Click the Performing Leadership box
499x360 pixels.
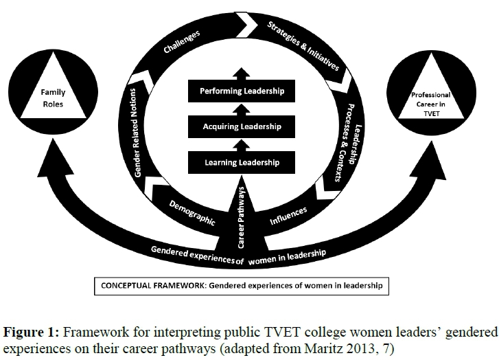pos(242,91)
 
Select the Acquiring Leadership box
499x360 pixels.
pos(242,127)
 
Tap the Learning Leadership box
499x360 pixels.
pos(242,163)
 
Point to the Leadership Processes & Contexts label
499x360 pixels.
pos(348,135)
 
